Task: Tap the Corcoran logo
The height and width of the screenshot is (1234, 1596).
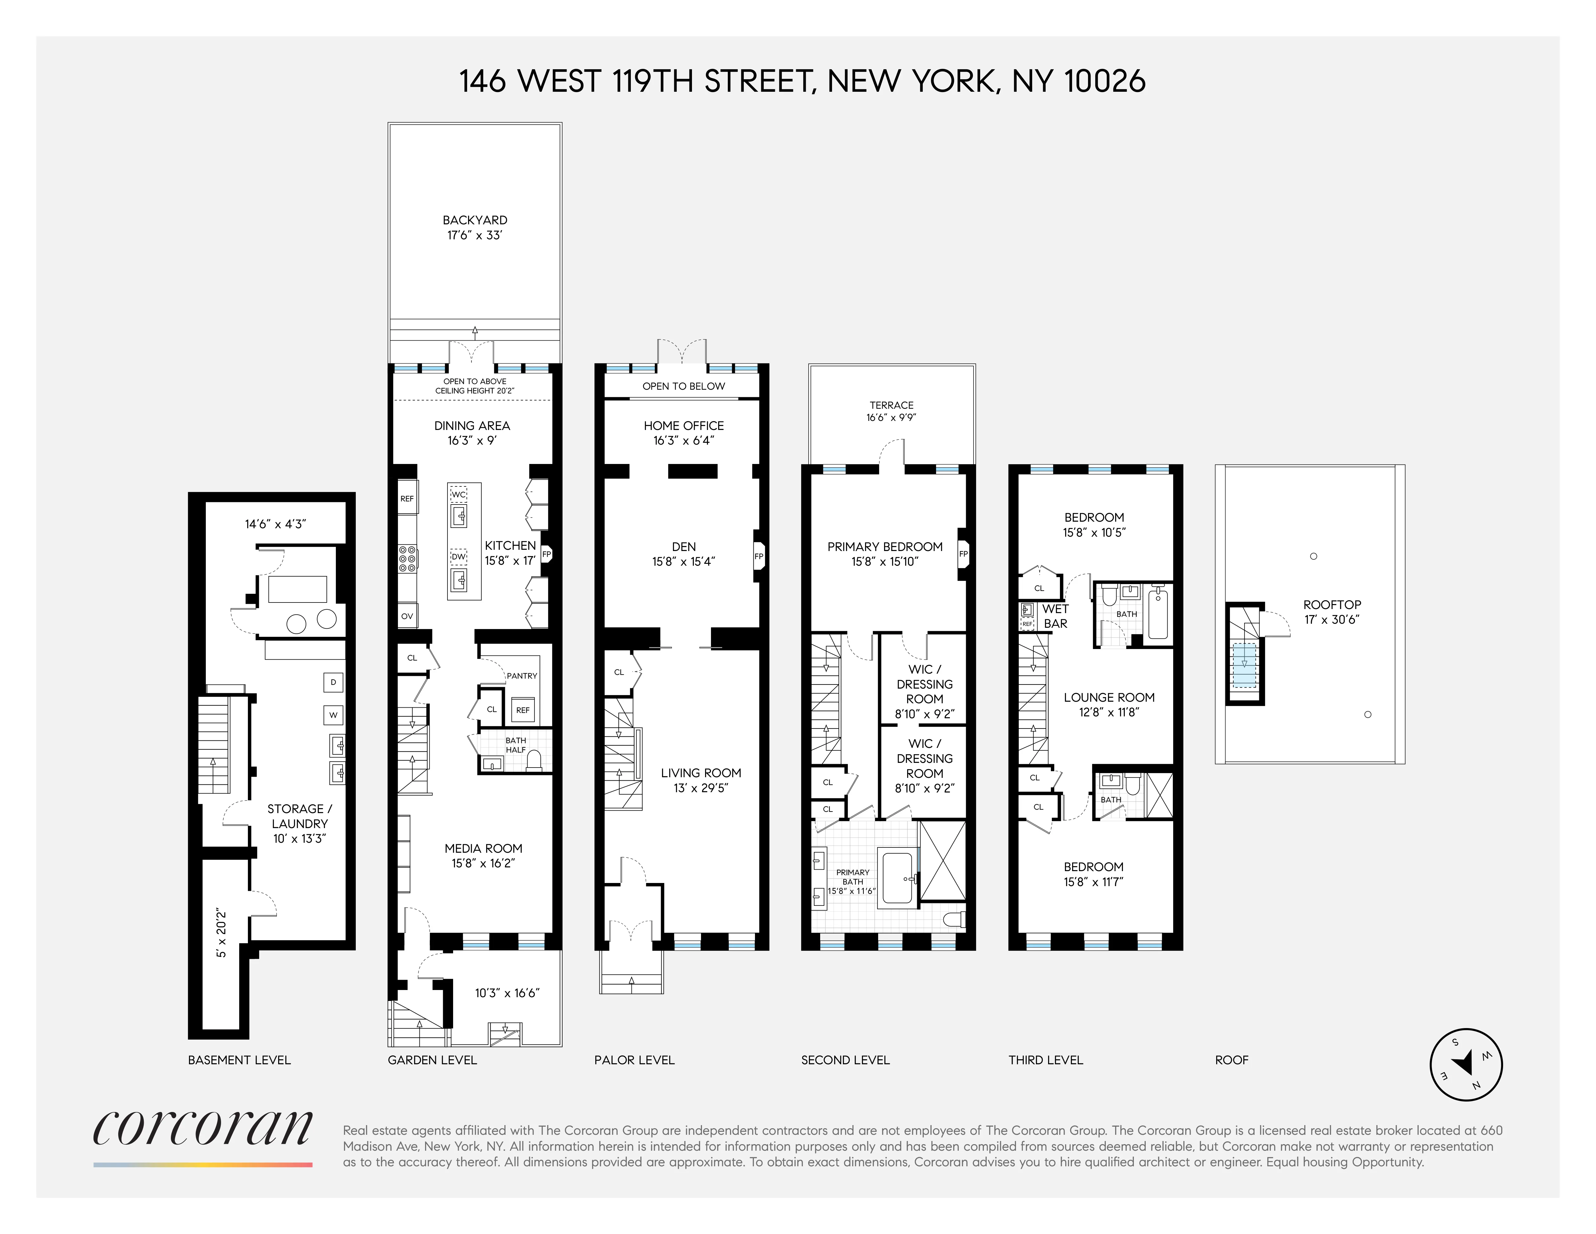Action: pos(202,1129)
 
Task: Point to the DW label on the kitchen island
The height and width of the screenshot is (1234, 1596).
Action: pos(458,557)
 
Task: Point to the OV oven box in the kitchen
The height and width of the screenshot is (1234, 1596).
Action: pos(407,616)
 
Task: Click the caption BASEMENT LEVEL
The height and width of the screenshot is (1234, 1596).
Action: pos(239,1060)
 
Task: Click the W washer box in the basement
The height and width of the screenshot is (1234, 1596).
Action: pos(333,715)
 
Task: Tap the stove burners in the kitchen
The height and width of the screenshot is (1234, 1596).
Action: pos(407,558)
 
